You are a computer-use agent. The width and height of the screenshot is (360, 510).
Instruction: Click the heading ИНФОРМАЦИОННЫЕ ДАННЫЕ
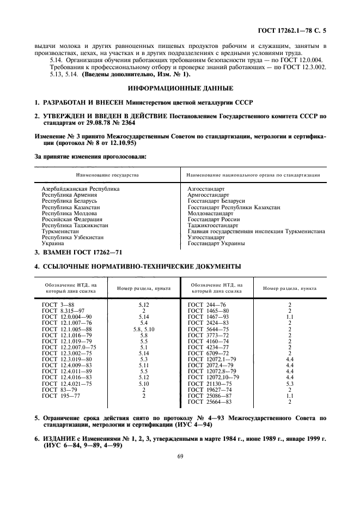pyautogui.click(x=180, y=88)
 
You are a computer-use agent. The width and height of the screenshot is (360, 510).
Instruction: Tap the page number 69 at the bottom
pyautogui.click(x=180, y=472)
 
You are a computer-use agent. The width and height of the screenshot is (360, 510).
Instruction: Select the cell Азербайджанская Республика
pyautogui.click(x=80, y=189)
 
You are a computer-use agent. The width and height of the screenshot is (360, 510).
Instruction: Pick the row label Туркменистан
pyautogui.click(x=59, y=231)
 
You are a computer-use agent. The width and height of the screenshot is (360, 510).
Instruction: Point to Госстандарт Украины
pyautogui.click(x=211, y=244)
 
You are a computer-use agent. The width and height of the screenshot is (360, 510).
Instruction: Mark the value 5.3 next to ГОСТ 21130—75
pyautogui.click(x=290, y=398)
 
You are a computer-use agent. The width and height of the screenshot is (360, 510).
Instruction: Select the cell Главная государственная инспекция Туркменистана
pyautogui.click(x=256, y=231)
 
